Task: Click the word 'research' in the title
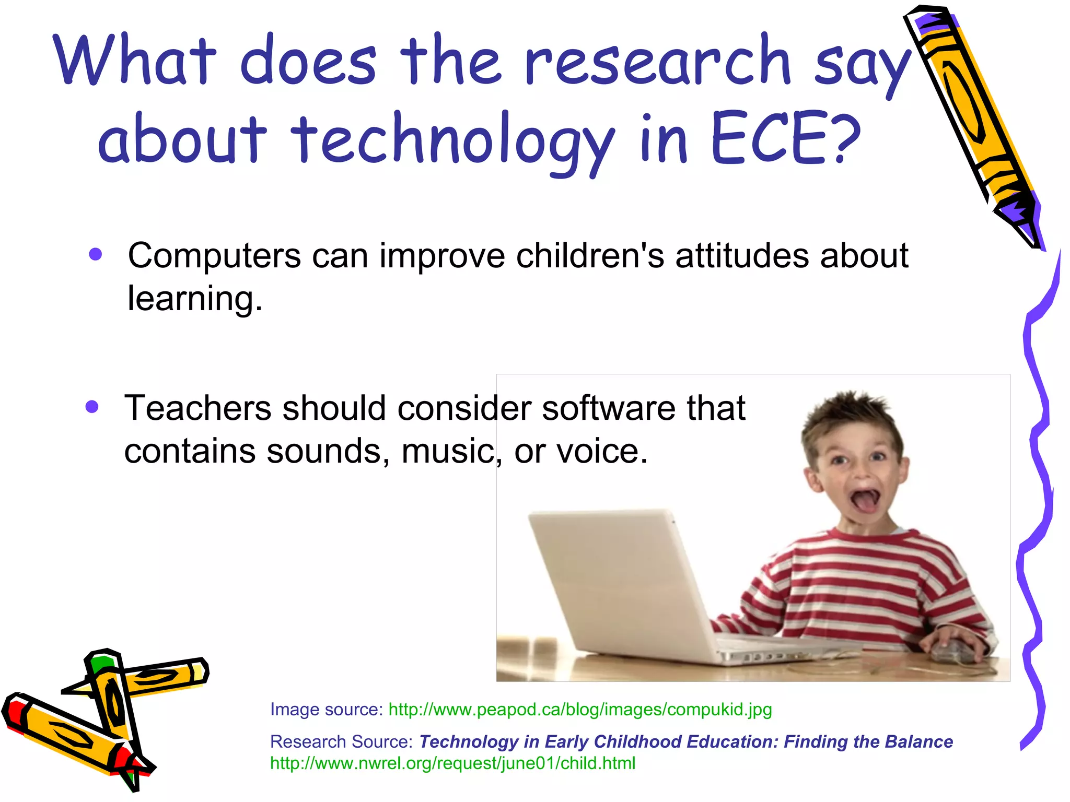tap(657, 62)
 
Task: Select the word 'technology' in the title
tap(452, 141)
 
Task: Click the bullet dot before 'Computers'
tap(95, 254)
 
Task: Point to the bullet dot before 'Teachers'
tap(92, 407)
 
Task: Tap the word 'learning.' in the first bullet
tap(195, 299)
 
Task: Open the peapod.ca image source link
tap(580, 710)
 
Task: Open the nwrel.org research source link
tap(452, 763)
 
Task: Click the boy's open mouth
tap(866, 500)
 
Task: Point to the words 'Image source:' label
tap(327, 710)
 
